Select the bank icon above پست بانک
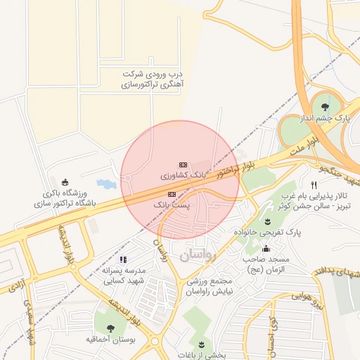(x=172, y=193)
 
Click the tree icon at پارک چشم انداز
(x=324, y=107)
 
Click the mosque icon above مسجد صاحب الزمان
(x=266, y=248)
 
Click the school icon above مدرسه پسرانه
(x=124, y=260)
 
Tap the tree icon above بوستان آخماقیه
(x=110, y=328)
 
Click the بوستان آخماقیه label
(x=110, y=339)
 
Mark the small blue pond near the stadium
(x=105, y=184)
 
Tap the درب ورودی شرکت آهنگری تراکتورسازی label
(x=152, y=79)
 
